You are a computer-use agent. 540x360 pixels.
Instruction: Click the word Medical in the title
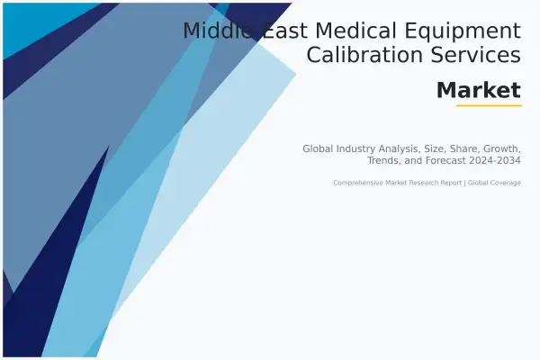click(355, 31)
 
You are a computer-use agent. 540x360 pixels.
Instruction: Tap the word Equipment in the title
click(463, 31)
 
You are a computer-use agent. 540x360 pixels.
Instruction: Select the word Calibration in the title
click(364, 54)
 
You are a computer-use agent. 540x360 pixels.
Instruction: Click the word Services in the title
click(476, 54)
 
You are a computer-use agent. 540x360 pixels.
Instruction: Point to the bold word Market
click(479, 90)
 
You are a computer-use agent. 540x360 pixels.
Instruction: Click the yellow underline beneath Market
click(489, 106)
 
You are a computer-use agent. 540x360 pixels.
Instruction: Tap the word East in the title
click(284, 31)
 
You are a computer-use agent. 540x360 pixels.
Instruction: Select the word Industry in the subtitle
click(356, 149)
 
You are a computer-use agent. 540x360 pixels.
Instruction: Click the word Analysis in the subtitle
click(400, 149)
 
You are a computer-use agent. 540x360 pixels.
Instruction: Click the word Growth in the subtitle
click(502, 148)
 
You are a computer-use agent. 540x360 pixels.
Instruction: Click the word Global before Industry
click(319, 148)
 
